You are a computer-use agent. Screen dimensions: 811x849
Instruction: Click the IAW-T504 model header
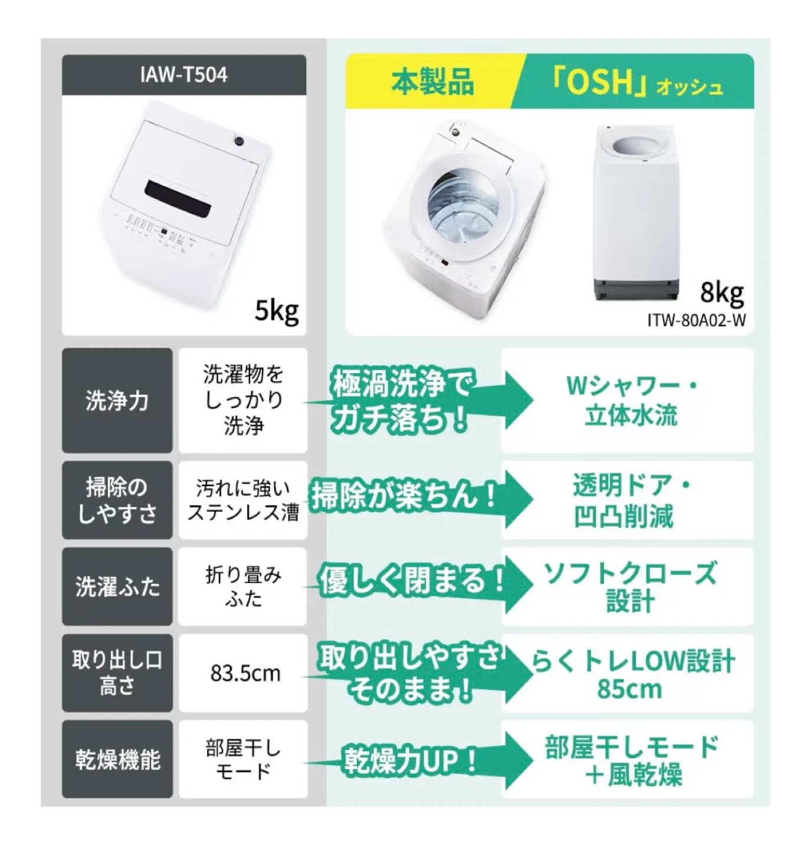point(184,75)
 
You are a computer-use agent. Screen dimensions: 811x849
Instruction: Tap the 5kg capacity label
point(276,311)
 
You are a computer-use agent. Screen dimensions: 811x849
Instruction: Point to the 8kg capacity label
point(721,293)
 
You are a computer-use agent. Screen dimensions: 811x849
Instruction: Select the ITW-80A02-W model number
point(696,321)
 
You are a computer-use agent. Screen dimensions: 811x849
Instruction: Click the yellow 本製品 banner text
point(432,82)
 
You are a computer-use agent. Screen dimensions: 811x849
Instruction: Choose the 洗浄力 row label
point(117,400)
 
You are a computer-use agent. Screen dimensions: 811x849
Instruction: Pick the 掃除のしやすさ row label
point(117,500)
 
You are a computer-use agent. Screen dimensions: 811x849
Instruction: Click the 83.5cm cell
point(243,673)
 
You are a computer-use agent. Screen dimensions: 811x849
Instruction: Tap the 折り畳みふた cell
point(242,587)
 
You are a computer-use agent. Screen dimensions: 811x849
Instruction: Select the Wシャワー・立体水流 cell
point(627,400)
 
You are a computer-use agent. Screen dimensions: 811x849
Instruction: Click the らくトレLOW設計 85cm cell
point(627,673)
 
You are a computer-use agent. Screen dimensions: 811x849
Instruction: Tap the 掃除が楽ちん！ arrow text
point(404,496)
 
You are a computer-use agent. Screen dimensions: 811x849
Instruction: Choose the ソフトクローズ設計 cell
point(627,587)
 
